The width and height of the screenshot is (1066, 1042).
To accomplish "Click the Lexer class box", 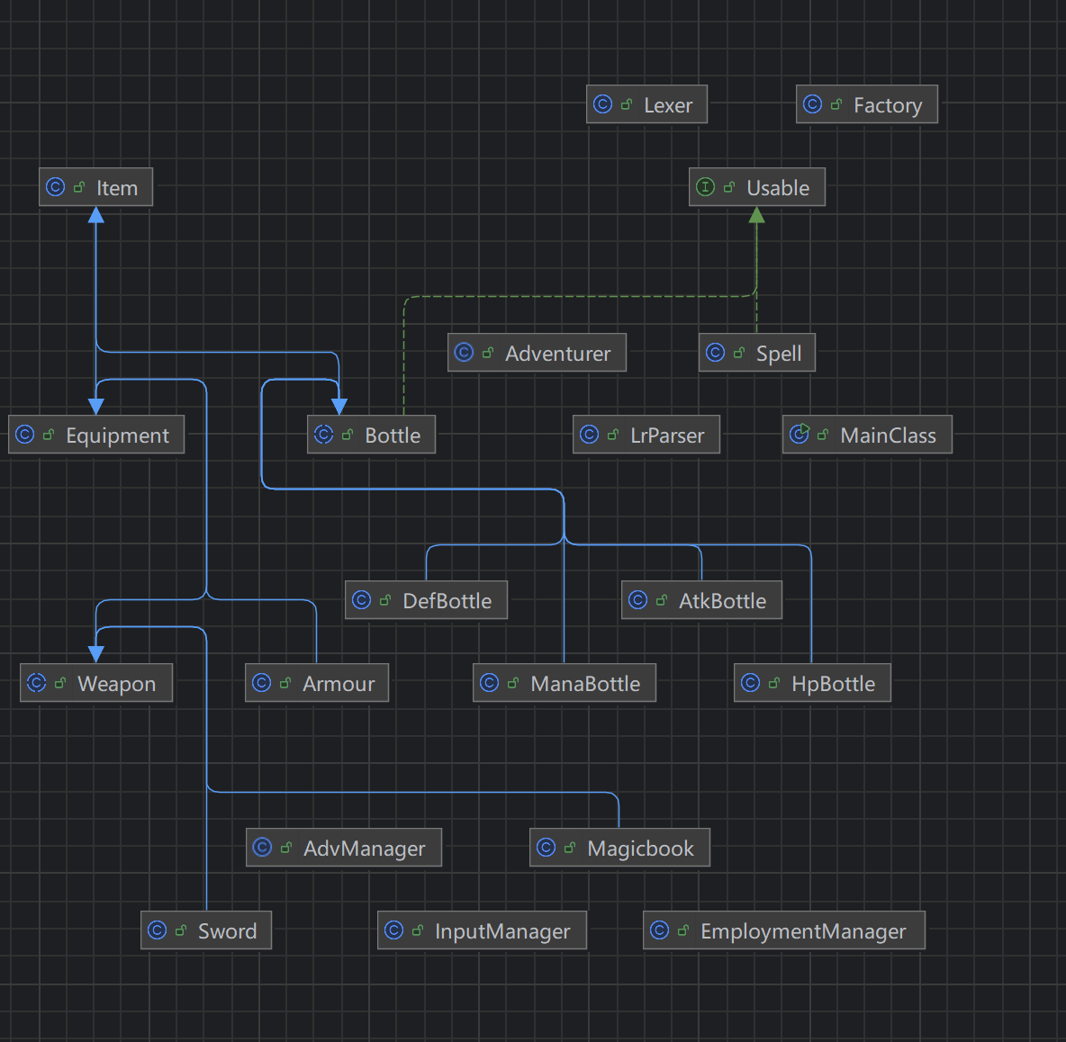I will point(646,104).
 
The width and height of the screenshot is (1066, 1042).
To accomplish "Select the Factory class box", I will point(866,104).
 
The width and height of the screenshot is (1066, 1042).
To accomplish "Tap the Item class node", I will point(95,187).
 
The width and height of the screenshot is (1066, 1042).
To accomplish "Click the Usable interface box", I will point(756,187).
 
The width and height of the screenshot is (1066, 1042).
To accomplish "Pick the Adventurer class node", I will point(537,353).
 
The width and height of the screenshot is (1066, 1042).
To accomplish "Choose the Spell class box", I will point(756,353).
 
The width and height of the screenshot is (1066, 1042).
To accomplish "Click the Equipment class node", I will point(95,435).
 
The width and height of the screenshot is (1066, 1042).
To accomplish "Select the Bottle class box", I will point(371,435).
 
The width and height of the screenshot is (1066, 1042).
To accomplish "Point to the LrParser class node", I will point(646,435).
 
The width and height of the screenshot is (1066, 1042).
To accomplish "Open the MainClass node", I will point(866,435).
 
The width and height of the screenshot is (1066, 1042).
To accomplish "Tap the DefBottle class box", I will point(426,600).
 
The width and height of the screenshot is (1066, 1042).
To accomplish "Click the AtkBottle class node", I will point(701,600).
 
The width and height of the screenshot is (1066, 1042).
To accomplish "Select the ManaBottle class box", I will point(564,683).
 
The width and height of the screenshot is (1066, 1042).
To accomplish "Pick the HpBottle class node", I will point(812,683).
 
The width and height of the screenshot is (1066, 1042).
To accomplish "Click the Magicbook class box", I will point(619,848).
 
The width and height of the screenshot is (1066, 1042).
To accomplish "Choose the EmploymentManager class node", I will point(783,930).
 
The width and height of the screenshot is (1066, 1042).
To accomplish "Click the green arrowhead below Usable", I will point(756,215).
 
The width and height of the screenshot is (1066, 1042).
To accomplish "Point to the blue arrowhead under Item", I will point(95,215).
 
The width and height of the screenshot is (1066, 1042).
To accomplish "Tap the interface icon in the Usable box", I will point(706,187).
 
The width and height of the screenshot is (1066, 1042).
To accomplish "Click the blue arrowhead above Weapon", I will point(95,653).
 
